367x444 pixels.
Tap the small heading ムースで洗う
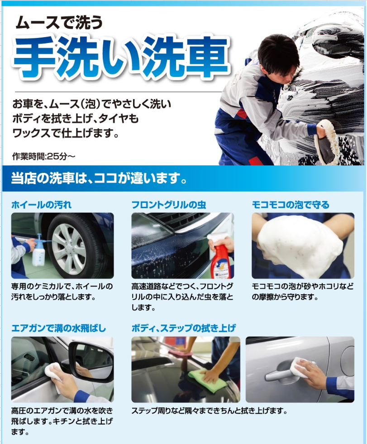click(59, 22)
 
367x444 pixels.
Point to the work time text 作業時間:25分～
click(43, 156)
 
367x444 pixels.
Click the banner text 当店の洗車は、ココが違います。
click(99, 178)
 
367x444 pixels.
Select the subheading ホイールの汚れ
click(41, 205)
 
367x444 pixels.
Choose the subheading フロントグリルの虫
click(169, 205)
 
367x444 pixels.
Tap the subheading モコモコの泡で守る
click(291, 205)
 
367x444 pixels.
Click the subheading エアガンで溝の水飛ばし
click(59, 328)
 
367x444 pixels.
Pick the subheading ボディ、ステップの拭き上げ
click(184, 328)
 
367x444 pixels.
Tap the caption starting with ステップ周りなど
click(209, 411)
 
